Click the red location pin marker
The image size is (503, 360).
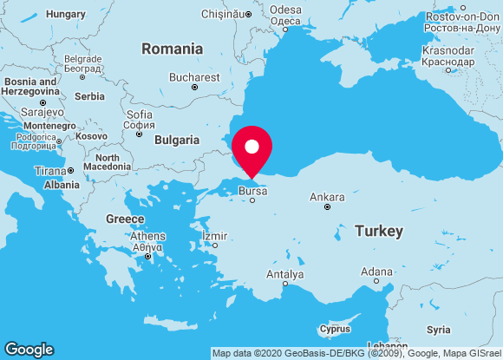[251, 149]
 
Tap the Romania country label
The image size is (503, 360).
[173, 49]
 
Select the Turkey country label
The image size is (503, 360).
[378, 232]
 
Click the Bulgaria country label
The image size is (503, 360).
[177, 140]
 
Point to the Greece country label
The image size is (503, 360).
[125, 219]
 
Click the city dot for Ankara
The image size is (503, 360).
[327, 207]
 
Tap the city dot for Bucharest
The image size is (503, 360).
[194, 88]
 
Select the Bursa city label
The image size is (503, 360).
[252, 189]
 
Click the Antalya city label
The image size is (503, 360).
[284, 274]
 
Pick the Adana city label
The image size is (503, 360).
[376, 272]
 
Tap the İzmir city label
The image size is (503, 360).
[214, 235]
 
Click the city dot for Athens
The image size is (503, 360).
[148, 256]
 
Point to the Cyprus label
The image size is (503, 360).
[335, 329]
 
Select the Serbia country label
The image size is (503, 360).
[89, 96]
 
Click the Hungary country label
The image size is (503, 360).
[66, 14]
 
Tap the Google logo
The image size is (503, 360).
[29, 349]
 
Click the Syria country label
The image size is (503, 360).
[439, 330]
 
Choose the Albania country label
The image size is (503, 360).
[62, 185]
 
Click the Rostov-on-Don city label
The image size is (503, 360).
[463, 16]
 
